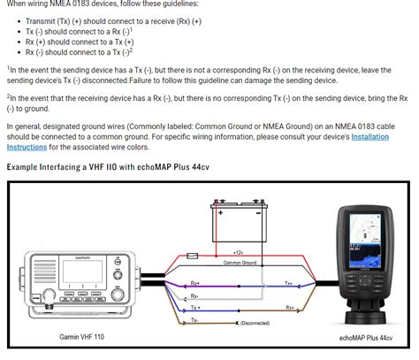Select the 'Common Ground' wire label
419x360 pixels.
[x=240, y=263]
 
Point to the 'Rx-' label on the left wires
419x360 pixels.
[x=194, y=295]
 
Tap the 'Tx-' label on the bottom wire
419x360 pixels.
[x=194, y=321]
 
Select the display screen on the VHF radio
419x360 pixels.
[x=76, y=271]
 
